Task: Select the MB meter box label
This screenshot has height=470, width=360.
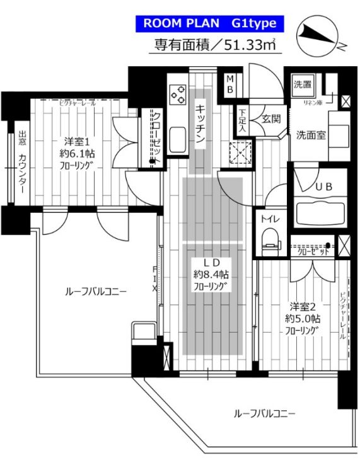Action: pyautogui.click(x=230, y=84)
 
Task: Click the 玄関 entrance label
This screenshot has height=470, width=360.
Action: pyautogui.click(x=270, y=118)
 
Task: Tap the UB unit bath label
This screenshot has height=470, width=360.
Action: pyautogui.click(x=323, y=186)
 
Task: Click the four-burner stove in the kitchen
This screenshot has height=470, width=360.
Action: pyautogui.click(x=176, y=95)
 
